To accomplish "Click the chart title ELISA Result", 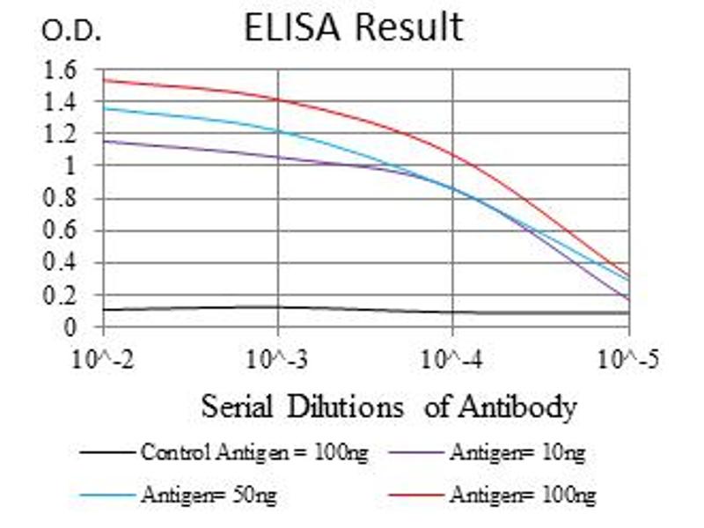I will [353, 27].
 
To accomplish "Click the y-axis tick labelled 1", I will [71, 165].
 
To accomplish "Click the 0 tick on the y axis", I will [71, 327].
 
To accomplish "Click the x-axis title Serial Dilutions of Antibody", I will [389, 407].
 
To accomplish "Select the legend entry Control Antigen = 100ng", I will [253, 453].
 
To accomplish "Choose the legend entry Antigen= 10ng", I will [517, 453].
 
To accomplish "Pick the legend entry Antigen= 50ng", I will [208, 495].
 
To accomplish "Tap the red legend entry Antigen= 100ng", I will [522, 495].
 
